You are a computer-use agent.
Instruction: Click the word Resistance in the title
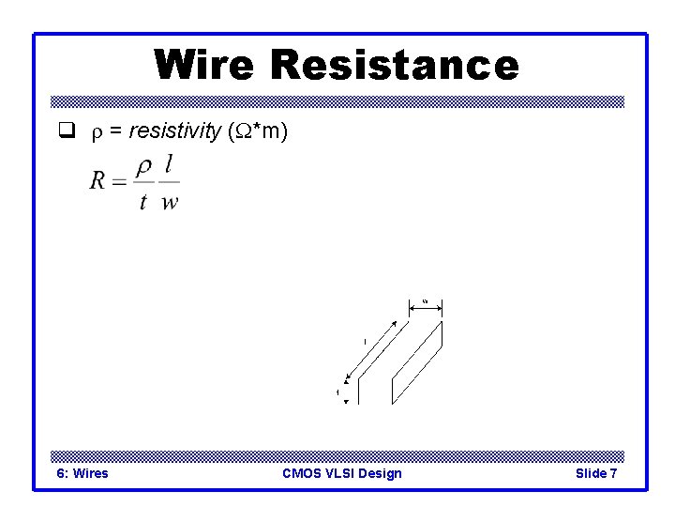tap(394, 65)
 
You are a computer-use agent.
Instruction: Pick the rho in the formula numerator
tap(143, 167)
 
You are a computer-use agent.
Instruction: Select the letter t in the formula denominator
tap(143, 201)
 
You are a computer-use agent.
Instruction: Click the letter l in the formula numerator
tap(169, 165)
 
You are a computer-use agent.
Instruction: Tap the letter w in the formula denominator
tap(170, 202)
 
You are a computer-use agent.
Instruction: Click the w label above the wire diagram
tap(425, 300)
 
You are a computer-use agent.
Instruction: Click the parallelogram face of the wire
tap(418, 361)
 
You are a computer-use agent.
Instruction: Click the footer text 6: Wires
tap(82, 473)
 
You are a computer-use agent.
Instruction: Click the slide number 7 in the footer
tap(613, 473)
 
